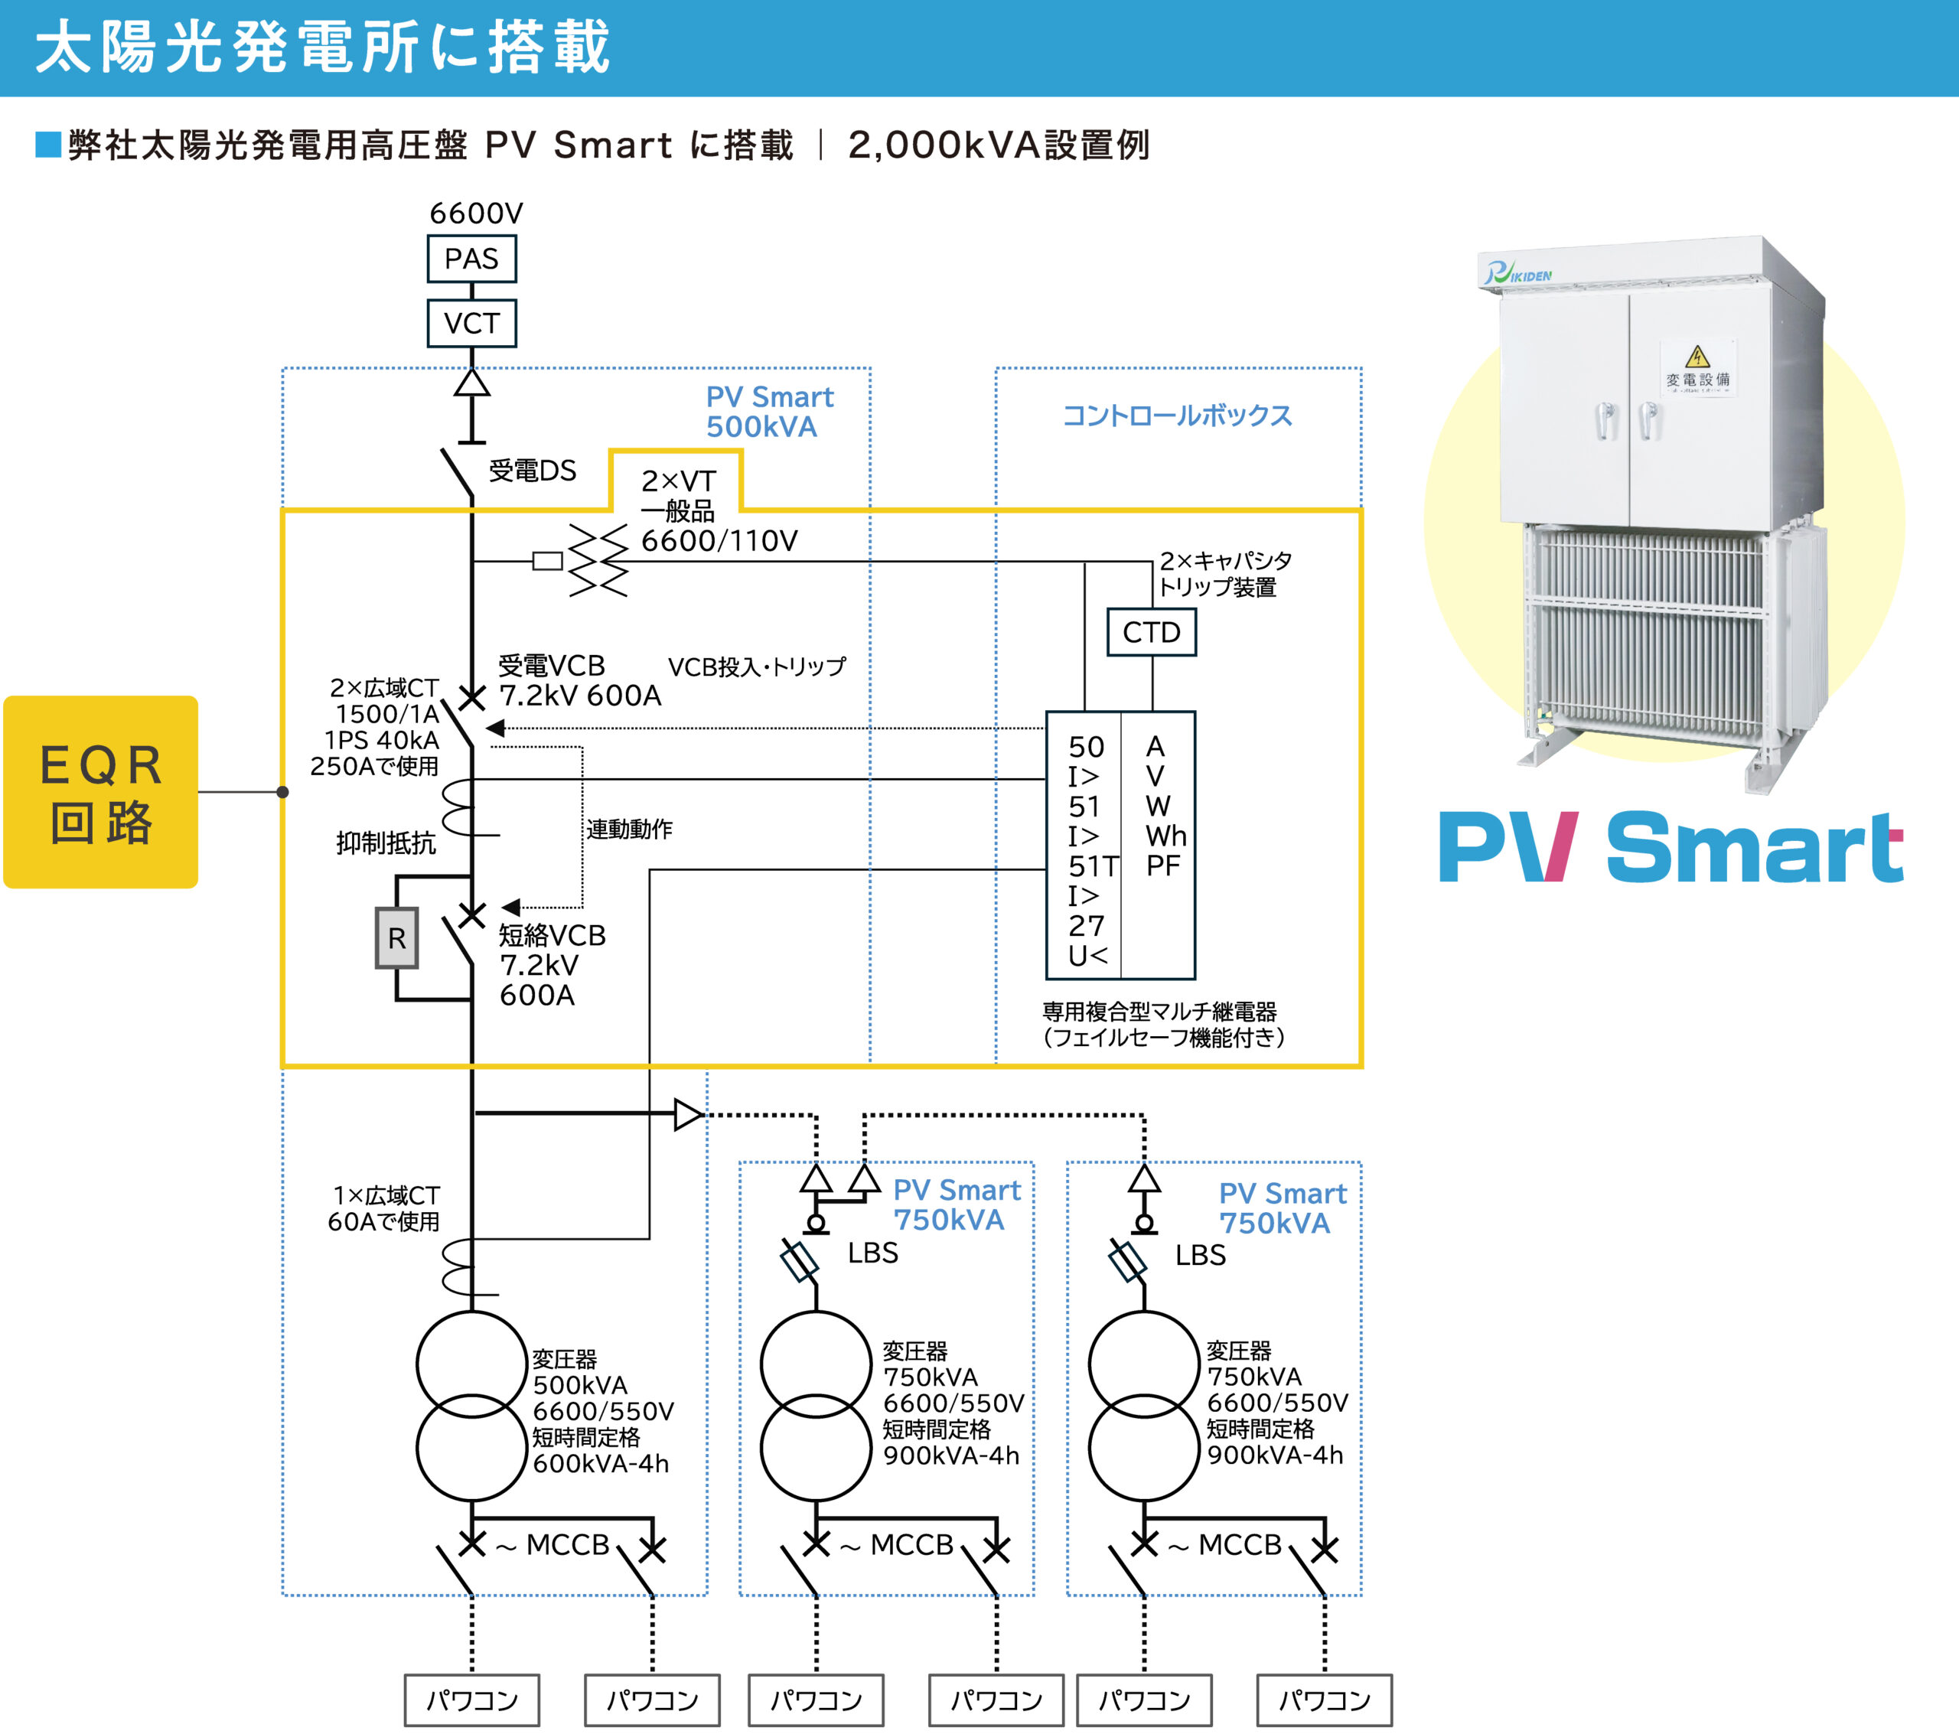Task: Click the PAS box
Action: pyautogui.click(x=471, y=259)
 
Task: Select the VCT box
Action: pyautogui.click(x=471, y=323)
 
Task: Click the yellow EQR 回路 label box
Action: pyautogui.click(x=101, y=792)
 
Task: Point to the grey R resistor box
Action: pyautogui.click(x=396, y=938)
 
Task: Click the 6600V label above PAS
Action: pyautogui.click(x=475, y=213)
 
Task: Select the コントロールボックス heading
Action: pyautogui.click(x=1177, y=416)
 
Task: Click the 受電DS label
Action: pyautogui.click(x=532, y=471)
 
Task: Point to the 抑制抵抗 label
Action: pyautogui.click(x=385, y=843)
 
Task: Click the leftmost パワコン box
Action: pyautogui.click(x=471, y=1700)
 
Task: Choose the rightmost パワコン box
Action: pyautogui.click(x=1324, y=1700)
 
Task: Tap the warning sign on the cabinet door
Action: pyautogui.click(x=1697, y=357)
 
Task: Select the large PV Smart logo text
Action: pyautogui.click(x=1670, y=847)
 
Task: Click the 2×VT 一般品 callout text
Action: pyautogui.click(x=677, y=496)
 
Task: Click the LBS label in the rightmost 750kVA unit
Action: pyautogui.click(x=1200, y=1255)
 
